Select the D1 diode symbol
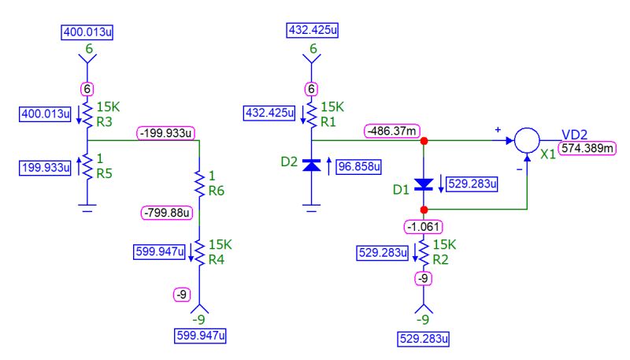[x=424, y=184]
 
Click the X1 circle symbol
[x=526, y=142]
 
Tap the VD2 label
[x=574, y=133]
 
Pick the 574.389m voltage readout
[x=587, y=147]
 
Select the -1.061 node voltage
[x=424, y=227]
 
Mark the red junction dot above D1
[x=424, y=142]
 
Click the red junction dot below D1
[x=424, y=210]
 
